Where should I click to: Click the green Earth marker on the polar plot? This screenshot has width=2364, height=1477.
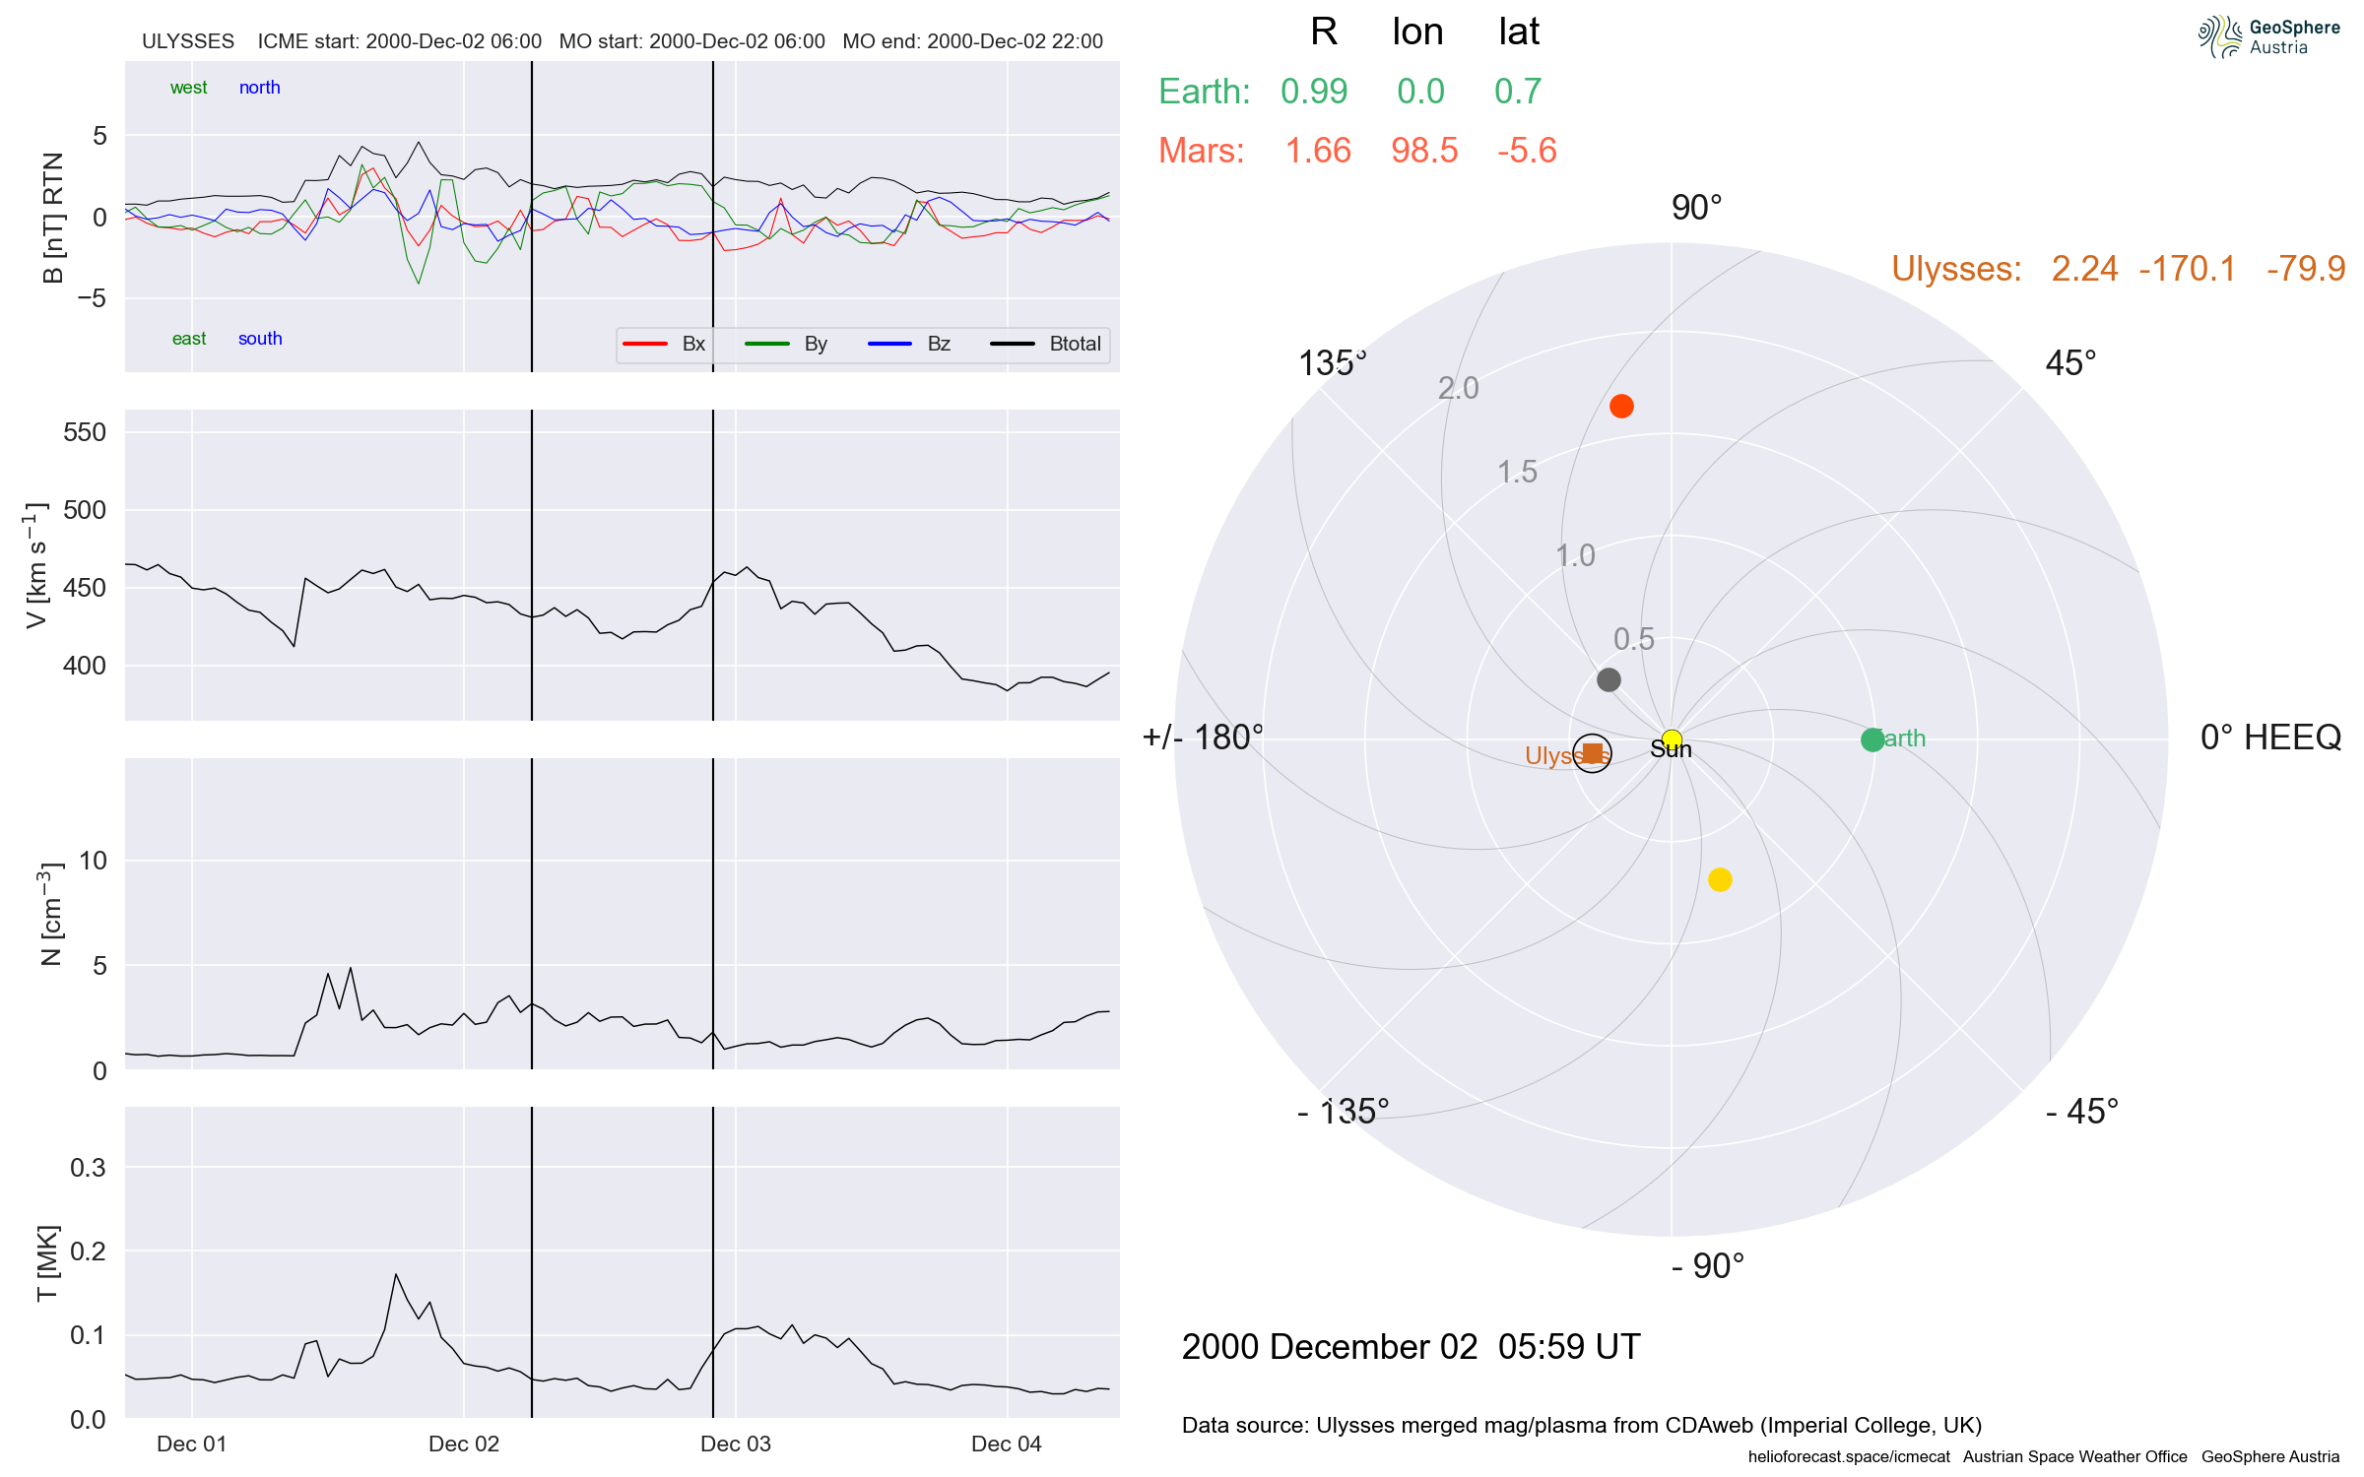(x=1872, y=739)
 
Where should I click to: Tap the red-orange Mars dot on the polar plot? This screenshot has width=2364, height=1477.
(x=1621, y=406)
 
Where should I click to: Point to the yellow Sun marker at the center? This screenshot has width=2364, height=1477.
(x=1672, y=739)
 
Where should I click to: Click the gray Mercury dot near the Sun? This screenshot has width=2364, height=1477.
(x=1609, y=679)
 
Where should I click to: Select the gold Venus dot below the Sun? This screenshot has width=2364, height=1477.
(x=1720, y=879)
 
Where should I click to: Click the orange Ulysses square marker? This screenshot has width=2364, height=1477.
(x=1593, y=754)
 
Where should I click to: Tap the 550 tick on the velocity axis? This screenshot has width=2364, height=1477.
(x=85, y=432)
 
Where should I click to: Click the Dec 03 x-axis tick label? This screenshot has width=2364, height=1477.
(x=735, y=1444)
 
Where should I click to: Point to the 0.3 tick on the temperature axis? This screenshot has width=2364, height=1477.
(x=88, y=1168)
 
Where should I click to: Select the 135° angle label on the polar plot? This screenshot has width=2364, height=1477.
(x=1332, y=363)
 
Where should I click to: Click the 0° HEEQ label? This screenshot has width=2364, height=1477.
(x=2270, y=738)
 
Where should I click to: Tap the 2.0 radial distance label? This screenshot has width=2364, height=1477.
(x=1458, y=388)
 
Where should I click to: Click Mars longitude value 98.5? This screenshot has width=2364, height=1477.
(x=1424, y=151)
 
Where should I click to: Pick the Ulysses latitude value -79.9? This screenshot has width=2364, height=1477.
(x=2305, y=269)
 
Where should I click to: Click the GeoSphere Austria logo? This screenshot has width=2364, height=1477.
(x=2268, y=37)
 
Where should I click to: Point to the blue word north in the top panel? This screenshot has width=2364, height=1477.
(x=259, y=88)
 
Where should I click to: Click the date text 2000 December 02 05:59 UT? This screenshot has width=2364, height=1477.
(x=1411, y=1347)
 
